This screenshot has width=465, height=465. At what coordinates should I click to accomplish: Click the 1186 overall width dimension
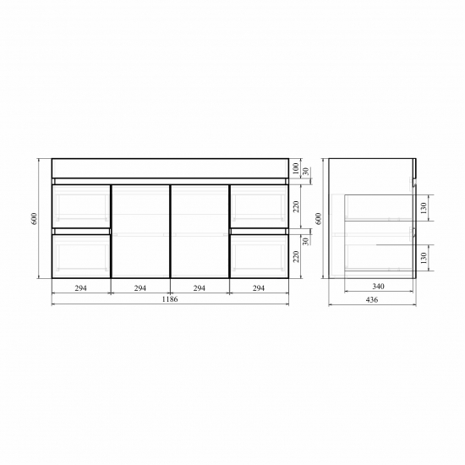170,299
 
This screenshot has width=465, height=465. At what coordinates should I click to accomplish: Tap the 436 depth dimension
372,299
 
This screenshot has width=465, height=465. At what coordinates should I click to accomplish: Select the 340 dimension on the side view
378,286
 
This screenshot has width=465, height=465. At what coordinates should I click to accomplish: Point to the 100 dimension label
296,168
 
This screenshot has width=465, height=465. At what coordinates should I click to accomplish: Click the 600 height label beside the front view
35,219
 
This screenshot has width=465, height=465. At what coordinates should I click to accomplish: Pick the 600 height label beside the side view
318,219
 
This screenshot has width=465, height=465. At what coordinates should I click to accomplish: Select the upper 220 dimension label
296,206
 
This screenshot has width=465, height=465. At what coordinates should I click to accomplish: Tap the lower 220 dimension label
296,256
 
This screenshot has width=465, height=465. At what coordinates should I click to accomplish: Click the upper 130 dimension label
424,208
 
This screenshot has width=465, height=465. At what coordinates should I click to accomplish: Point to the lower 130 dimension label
424,258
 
